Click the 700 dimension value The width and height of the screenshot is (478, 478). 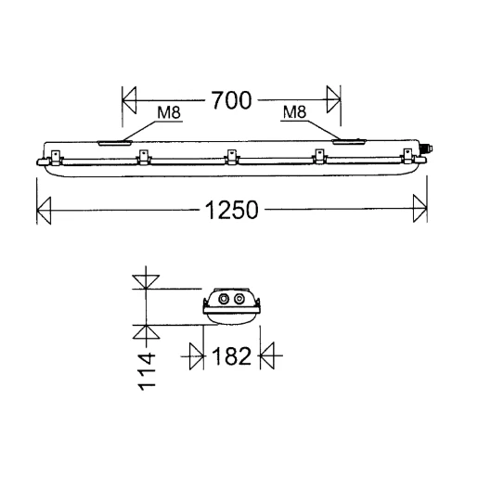pyautogui.click(x=231, y=100)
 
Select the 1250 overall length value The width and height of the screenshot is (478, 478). pyautogui.click(x=232, y=210)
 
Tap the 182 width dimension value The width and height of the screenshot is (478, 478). pyautogui.click(x=231, y=356)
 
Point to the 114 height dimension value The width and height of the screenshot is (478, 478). pyautogui.click(x=147, y=371)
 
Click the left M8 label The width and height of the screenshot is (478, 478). pyautogui.click(x=169, y=112)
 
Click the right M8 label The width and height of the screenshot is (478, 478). pyautogui.click(x=294, y=112)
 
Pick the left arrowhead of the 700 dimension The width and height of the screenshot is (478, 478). pyautogui.click(x=129, y=100)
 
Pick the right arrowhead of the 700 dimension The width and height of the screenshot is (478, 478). pyautogui.click(x=333, y=99)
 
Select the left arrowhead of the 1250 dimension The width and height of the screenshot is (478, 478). pyautogui.click(x=44, y=211)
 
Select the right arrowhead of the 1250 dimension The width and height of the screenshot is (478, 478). pyautogui.click(x=420, y=208)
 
